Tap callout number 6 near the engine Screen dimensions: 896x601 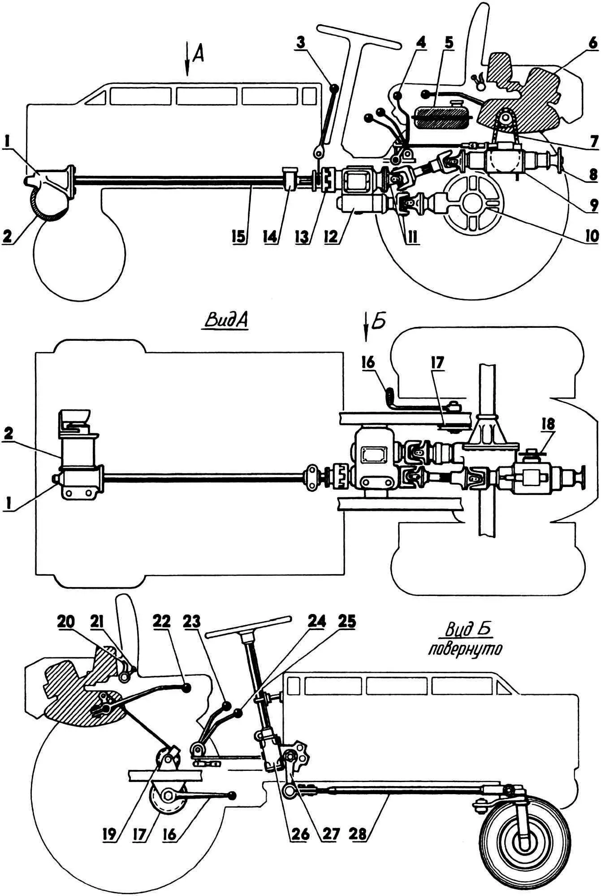(x=592, y=43)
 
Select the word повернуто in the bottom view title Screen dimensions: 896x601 (x=464, y=649)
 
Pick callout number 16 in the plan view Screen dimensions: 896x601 (x=369, y=363)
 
